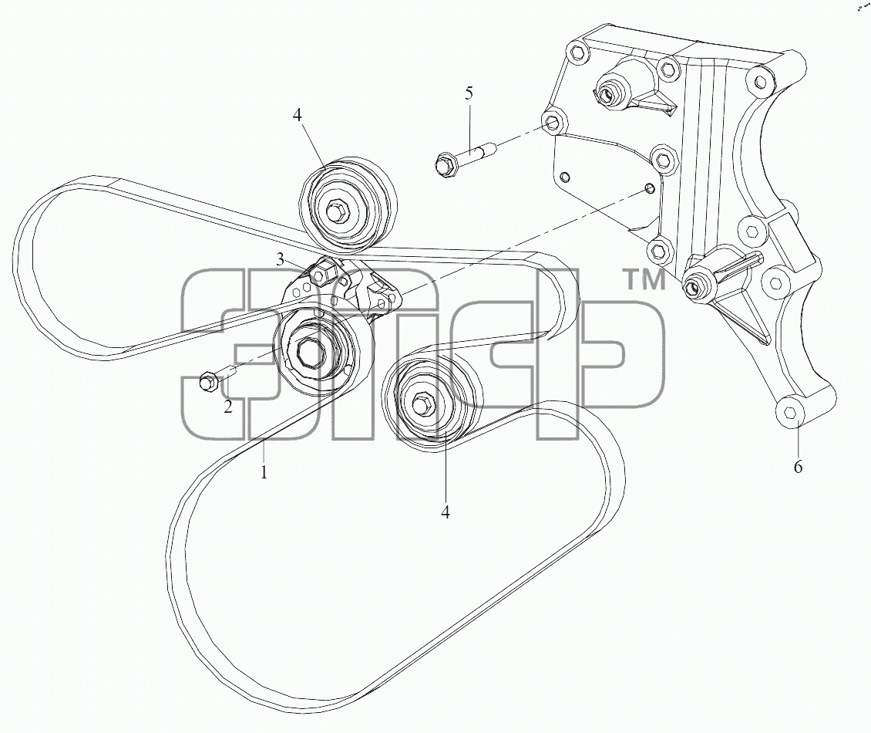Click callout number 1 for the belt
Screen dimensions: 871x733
(264, 472)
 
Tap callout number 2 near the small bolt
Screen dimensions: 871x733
(228, 407)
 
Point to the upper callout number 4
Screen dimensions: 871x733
(298, 116)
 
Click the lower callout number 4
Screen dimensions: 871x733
(446, 512)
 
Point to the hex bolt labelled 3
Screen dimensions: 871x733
(321, 274)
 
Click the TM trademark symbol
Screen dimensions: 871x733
(646, 280)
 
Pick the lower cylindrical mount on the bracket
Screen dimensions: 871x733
(702, 282)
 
